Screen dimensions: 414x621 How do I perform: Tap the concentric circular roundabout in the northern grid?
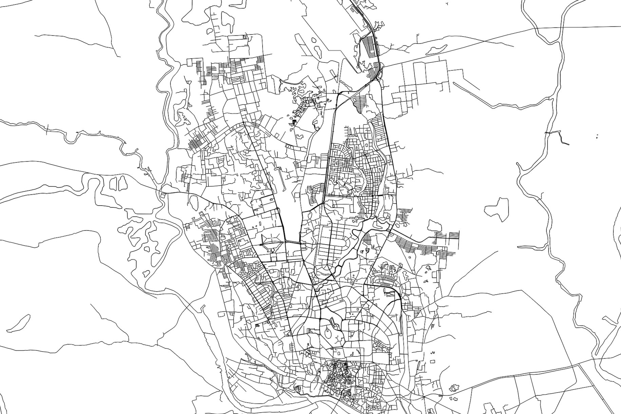pos(365,155)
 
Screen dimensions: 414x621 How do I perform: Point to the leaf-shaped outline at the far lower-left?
pos(19,323)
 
